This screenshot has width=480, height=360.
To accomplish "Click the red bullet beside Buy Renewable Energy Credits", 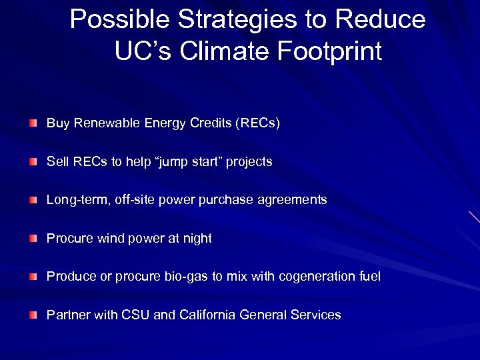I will coord(33,124).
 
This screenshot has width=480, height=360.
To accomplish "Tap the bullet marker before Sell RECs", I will coord(33,162).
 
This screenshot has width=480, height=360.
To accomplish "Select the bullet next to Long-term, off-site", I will coord(33,200).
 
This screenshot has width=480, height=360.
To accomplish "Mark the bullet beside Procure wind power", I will coord(33,239).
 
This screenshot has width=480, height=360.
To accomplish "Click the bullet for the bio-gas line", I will coord(33,277).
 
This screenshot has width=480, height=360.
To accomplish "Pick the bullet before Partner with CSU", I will coord(33,315).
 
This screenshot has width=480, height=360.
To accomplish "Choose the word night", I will coord(196,239).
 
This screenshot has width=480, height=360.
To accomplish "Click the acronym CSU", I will coord(136,315).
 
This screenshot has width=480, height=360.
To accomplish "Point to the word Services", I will coord(316,315).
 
